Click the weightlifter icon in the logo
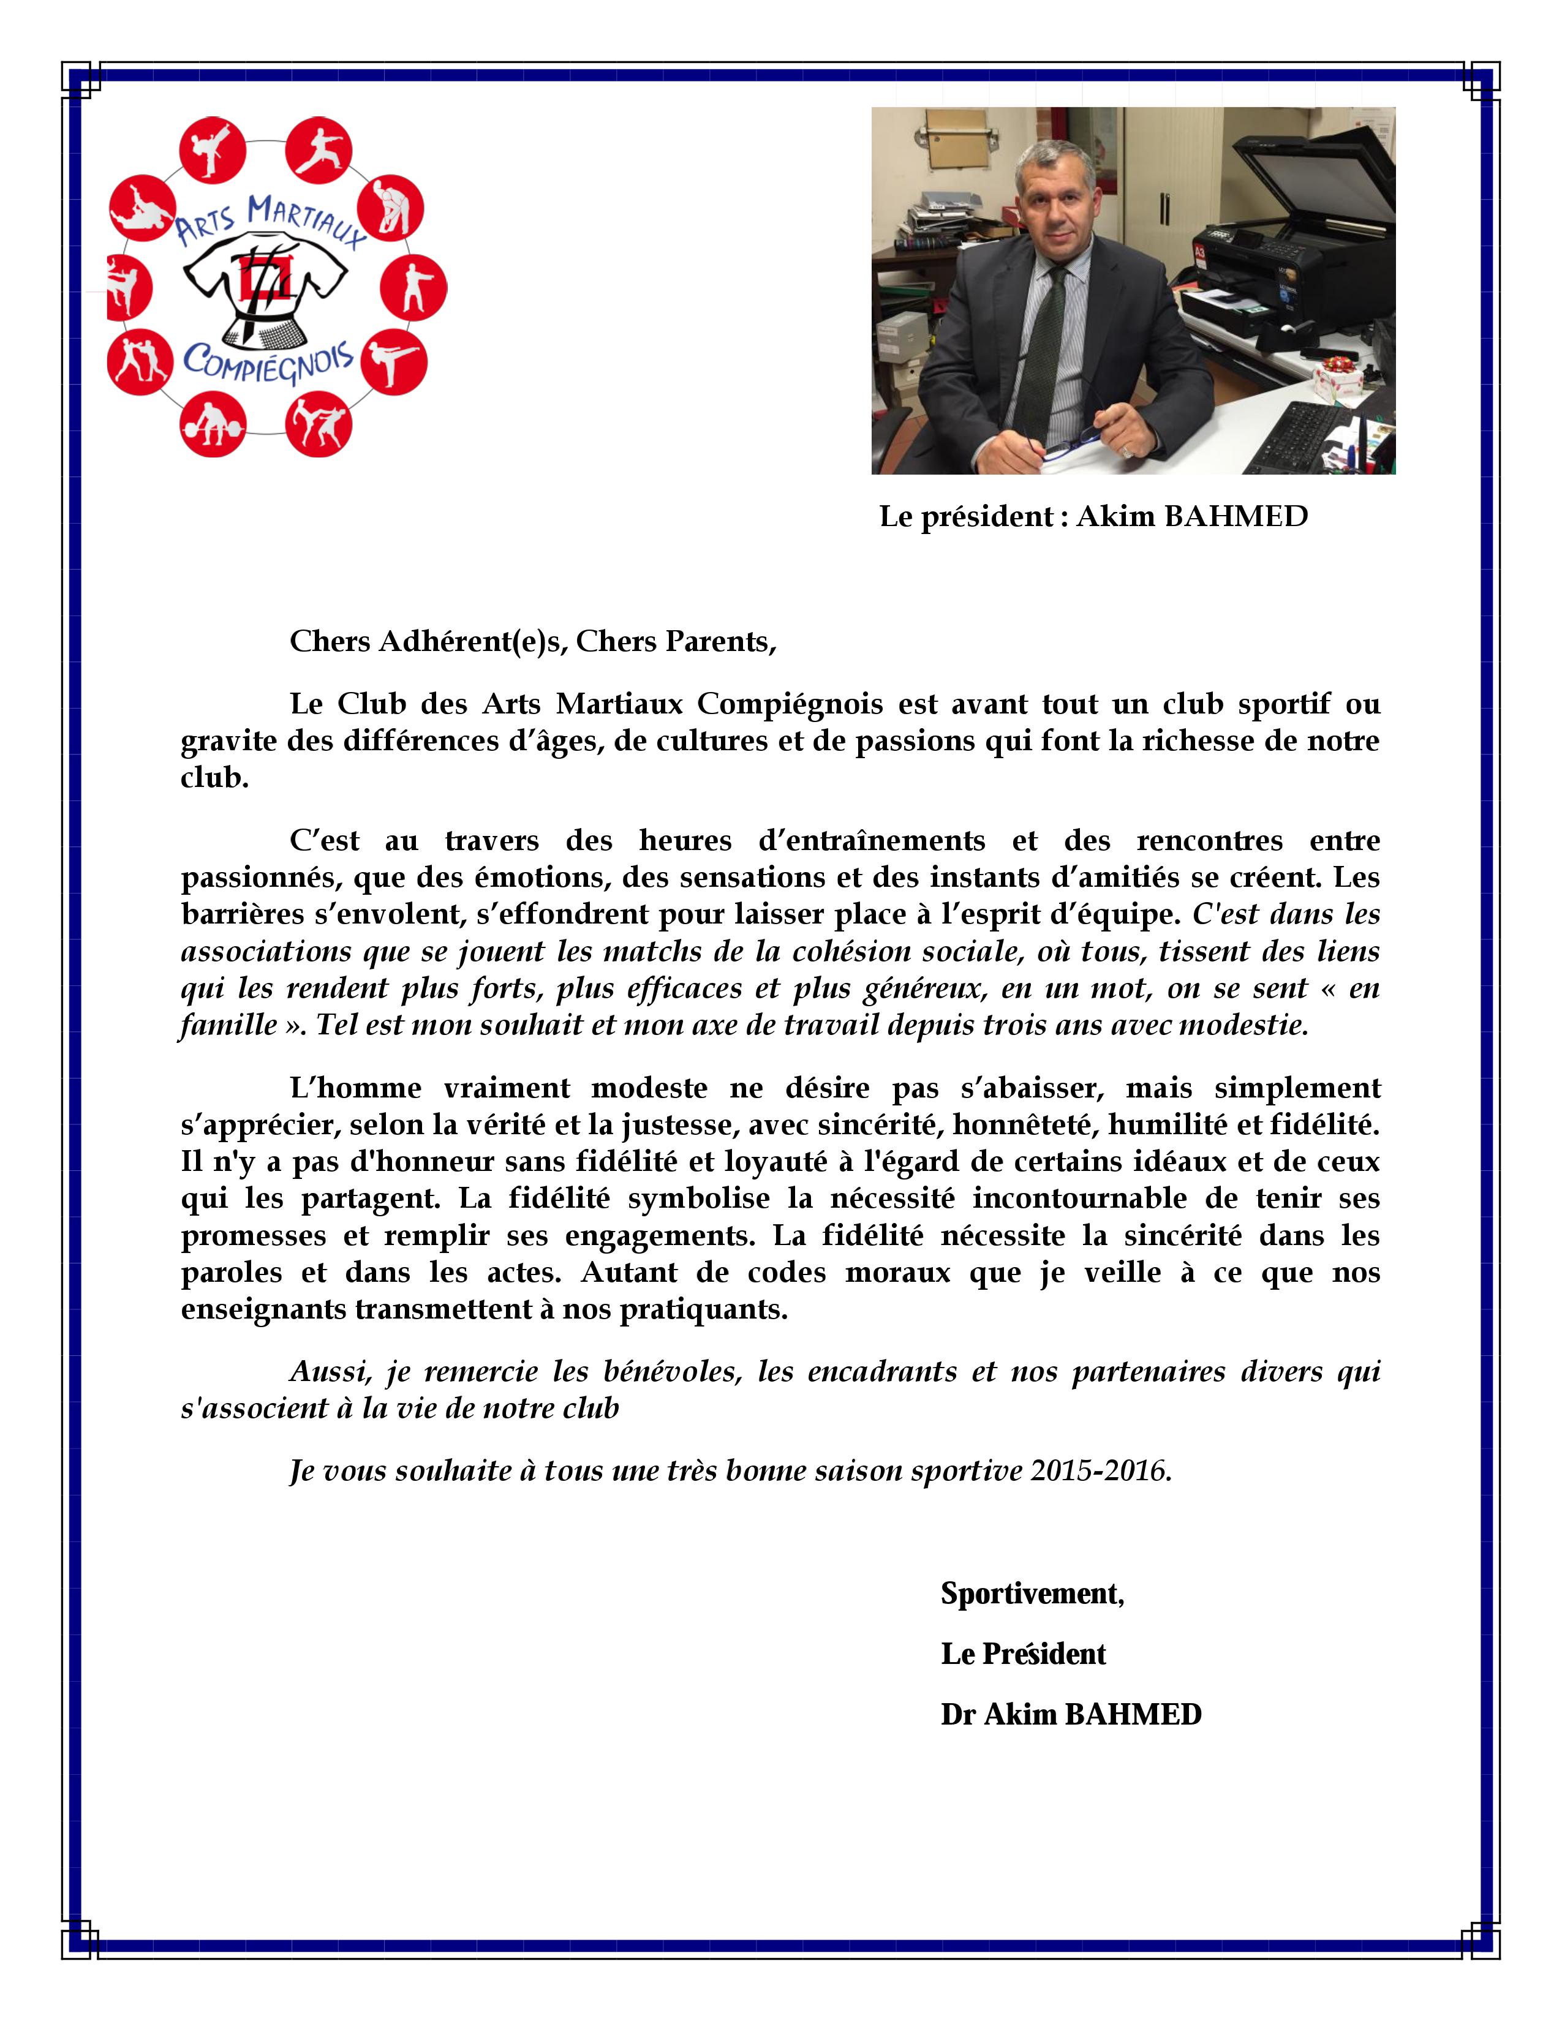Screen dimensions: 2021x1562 (x=212, y=426)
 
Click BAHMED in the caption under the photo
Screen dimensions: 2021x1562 (x=1236, y=516)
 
